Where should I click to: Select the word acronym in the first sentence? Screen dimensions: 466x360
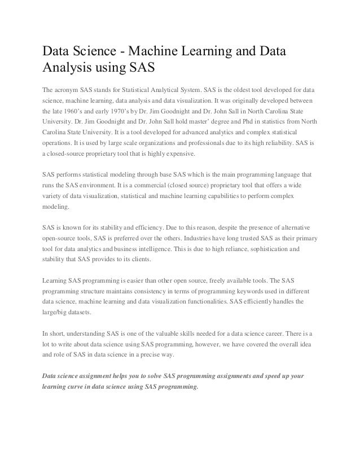pyautogui.click(x=71, y=90)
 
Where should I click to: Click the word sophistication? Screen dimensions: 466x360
pyautogui.click(x=269, y=248)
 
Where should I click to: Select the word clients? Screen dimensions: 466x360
pyautogui.click(x=145, y=258)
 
